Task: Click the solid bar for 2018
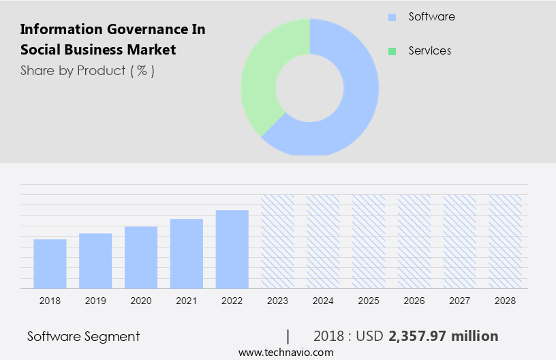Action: point(50,264)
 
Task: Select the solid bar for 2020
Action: point(141,257)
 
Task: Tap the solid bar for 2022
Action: point(232,249)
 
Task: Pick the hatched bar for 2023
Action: point(277,241)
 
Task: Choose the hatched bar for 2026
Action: point(414,241)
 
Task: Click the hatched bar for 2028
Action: point(506,241)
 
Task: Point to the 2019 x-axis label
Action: point(95,301)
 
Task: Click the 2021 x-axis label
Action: point(187,301)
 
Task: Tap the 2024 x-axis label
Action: point(323,301)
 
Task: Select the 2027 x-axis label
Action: point(460,301)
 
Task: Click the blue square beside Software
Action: point(392,17)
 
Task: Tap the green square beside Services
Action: point(392,51)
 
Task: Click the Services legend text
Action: point(429,51)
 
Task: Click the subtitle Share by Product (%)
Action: point(87,70)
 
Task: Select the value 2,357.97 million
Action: point(444,336)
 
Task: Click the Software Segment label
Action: point(83,336)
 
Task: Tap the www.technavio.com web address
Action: point(285,352)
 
